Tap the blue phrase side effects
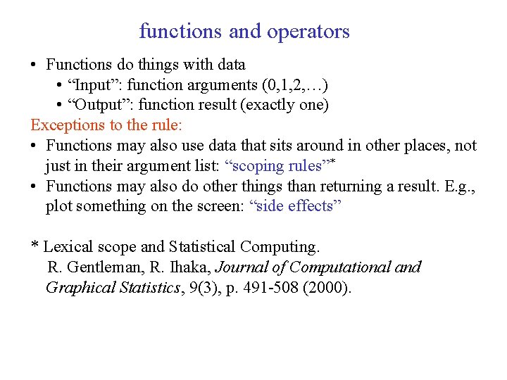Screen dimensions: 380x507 click(x=296, y=206)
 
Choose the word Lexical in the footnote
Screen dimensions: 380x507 click(x=68, y=247)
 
